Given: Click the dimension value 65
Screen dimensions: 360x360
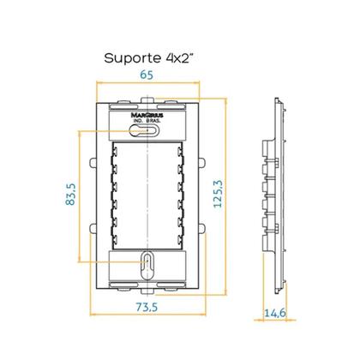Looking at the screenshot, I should (148, 75).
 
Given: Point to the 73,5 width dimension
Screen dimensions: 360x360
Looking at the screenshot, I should (147, 306).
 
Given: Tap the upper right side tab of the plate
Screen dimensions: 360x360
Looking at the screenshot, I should (203, 162).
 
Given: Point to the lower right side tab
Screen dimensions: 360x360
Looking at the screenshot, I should (203, 229).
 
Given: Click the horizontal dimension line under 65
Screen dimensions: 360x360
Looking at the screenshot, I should (147, 84).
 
